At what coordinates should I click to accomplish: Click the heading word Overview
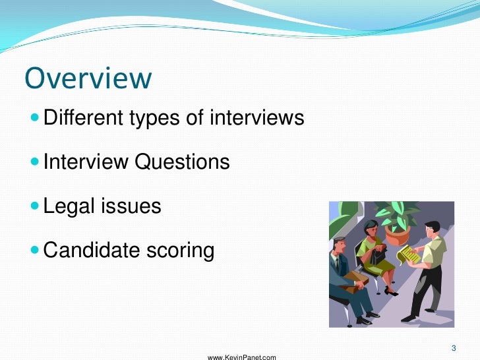coord(88,78)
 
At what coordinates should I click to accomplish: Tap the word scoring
coord(181,251)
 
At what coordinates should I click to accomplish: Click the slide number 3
coord(454,347)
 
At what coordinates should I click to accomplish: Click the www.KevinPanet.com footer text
coord(242,357)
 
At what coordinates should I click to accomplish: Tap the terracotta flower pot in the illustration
coord(397,234)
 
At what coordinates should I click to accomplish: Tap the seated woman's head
coord(371,230)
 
